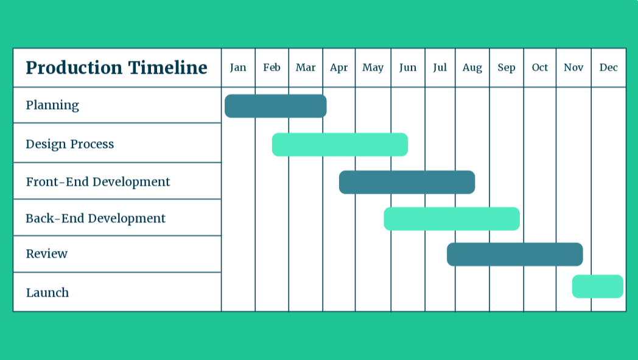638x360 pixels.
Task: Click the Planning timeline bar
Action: point(275,106)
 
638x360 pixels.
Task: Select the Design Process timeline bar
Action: point(340,144)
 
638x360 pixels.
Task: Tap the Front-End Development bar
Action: point(407,182)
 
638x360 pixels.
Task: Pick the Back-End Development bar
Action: point(452,219)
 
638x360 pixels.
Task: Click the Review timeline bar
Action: point(514,255)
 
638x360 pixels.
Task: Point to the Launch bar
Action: point(598,286)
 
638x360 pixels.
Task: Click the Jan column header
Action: point(238,68)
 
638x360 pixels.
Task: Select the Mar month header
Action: point(306,68)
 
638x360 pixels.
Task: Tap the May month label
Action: point(373,68)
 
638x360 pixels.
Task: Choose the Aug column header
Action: point(472,68)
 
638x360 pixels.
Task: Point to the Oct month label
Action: point(540,68)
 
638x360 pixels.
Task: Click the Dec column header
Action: point(608,68)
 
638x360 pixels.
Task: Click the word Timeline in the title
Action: point(167,68)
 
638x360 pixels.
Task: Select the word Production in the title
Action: point(74,68)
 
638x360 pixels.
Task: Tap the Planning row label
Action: point(52,105)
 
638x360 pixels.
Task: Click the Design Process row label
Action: point(70,144)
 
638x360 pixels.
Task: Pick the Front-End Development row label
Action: point(98,182)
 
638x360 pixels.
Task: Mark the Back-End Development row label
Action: point(96,219)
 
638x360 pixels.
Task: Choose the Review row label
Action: point(47,254)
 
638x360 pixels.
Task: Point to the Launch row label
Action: point(47,293)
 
